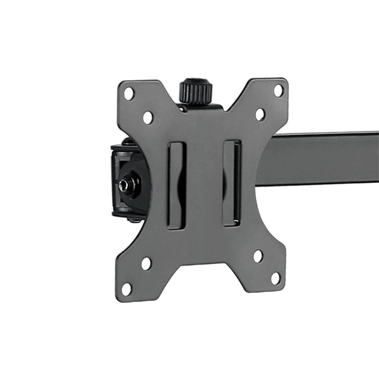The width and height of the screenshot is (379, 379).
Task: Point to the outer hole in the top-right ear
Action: (278, 89)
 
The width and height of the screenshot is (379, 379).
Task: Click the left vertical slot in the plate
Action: (177, 185)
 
